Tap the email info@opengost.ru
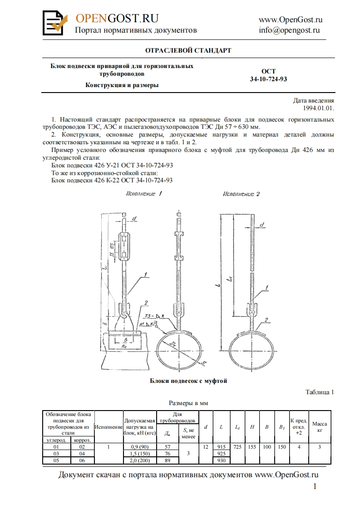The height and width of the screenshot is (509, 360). click(289, 30)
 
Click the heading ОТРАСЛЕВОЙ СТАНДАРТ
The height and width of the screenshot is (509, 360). click(188, 50)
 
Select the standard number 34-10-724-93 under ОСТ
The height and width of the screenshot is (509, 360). click(268, 78)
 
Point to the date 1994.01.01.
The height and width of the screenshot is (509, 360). click(319, 108)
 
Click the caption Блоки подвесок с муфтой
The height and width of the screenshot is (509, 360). click(188, 381)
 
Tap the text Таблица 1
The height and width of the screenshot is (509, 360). click(320, 392)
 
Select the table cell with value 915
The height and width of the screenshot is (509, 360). click(221, 447)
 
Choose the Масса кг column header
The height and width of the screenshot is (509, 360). click(320, 426)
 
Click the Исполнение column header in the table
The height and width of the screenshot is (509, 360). click(108, 427)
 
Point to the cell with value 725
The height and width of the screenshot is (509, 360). click(237, 447)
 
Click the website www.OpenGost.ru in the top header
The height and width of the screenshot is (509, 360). click(291, 20)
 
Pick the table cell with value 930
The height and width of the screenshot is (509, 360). click(221, 460)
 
